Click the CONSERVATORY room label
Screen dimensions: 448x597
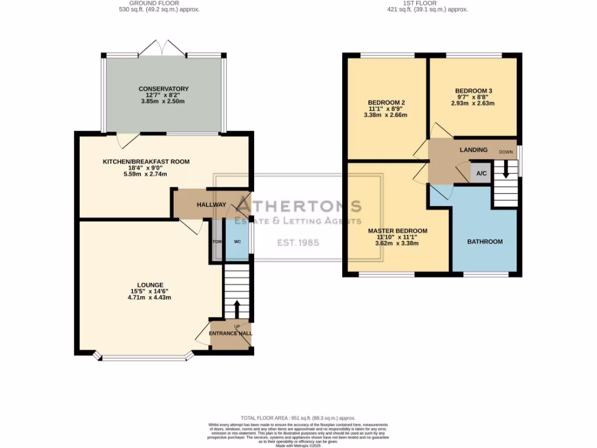tap(163, 89)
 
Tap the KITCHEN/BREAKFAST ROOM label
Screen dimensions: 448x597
tap(146, 162)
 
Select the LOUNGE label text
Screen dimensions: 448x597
tap(150, 285)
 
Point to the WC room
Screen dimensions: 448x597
tap(237, 242)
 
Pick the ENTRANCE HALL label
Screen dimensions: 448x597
tap(232, 333)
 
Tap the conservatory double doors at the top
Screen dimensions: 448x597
tap(163, 48)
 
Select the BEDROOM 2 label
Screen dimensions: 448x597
tap(386, 103)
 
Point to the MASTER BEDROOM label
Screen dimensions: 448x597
tap(398, 231)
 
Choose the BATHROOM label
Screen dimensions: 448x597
tap(484, 242)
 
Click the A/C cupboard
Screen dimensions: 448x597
tap(482, 174)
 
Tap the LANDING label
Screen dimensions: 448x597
tap(473, 150)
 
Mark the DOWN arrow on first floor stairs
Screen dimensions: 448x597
tap(505, 170)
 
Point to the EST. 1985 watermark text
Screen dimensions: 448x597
tap(298, 242)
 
